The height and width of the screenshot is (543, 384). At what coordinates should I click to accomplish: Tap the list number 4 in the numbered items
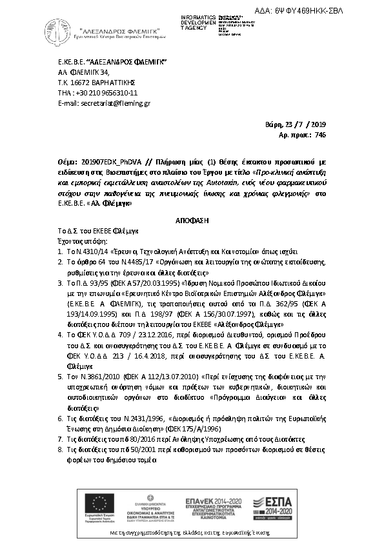[x=59, y=336]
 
